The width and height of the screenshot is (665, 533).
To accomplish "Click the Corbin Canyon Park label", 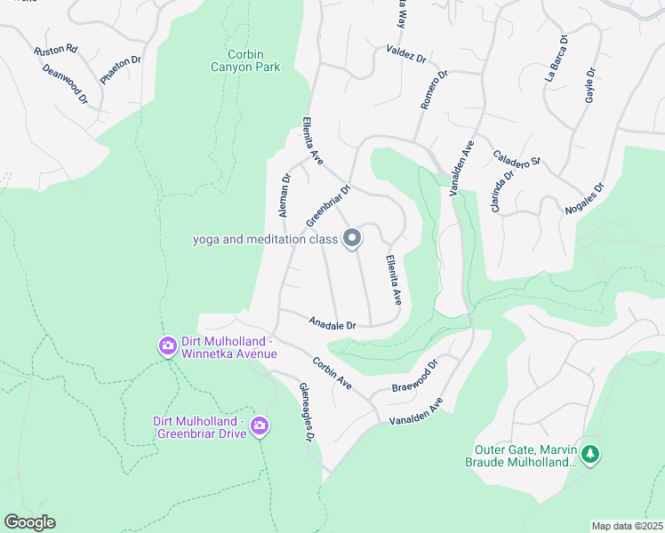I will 245,60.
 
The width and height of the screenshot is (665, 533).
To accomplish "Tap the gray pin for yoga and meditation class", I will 352,238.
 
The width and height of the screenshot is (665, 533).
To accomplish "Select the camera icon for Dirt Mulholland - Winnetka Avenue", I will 167,346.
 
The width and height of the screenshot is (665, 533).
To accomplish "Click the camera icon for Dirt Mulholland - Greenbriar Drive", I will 260,426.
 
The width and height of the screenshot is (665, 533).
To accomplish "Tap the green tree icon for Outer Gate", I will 590,455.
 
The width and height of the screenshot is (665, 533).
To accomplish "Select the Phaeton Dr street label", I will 121,70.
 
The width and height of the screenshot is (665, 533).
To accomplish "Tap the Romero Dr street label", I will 434,91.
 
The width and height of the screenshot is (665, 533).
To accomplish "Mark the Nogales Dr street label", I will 584,199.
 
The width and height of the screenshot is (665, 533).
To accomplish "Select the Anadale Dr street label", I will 332,324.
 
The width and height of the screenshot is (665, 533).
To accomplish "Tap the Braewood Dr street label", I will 415,377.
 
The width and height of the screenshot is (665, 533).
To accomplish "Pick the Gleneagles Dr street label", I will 306,413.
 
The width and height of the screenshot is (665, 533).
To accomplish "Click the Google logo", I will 29,522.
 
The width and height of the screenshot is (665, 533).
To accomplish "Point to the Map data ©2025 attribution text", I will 627,526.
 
